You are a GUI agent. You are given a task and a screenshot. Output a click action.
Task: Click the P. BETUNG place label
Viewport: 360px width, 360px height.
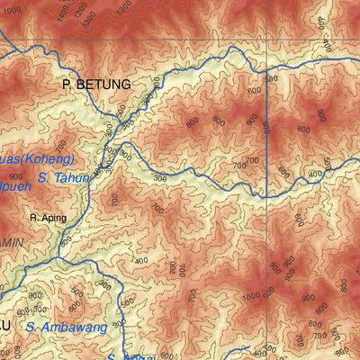[96, 84]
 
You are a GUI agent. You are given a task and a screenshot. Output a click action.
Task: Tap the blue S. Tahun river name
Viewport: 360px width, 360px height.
[64, 177]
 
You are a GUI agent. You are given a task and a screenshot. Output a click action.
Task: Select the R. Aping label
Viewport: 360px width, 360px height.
[49, 217]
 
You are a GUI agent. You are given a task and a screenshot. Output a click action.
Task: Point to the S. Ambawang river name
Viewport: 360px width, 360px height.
[67, 327]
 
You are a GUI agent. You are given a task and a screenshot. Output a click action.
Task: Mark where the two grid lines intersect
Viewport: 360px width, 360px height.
[267, 40]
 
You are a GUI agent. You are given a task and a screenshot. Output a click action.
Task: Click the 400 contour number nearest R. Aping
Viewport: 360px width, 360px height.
[141, 261]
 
